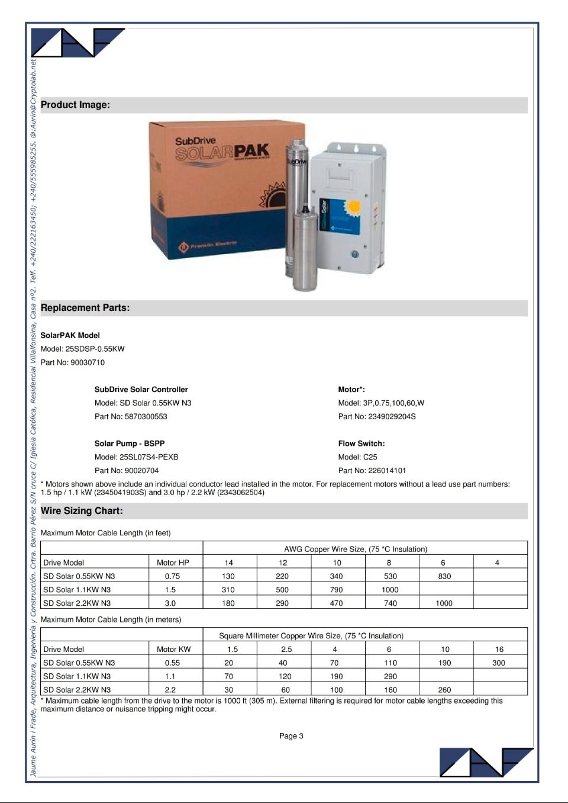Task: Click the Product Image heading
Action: coord(75,105)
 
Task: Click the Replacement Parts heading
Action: coord(85,308)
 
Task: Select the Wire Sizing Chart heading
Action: coord(82,511)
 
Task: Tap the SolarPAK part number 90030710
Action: coord(87,362)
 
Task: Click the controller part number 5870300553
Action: coord(146,416)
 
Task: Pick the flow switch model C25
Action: coord(370,457)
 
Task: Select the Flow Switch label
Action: coord(362,444)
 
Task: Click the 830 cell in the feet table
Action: coord(444,576)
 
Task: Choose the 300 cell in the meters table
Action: coord(499,663)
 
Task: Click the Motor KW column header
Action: coord(174,650)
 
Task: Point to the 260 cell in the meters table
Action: coord(444,690)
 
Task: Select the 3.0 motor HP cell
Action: coord(170,603)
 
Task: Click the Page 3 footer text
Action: coord(291,736)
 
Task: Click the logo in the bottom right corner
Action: coord(485,762)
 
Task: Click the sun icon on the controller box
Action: coord(354,207)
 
